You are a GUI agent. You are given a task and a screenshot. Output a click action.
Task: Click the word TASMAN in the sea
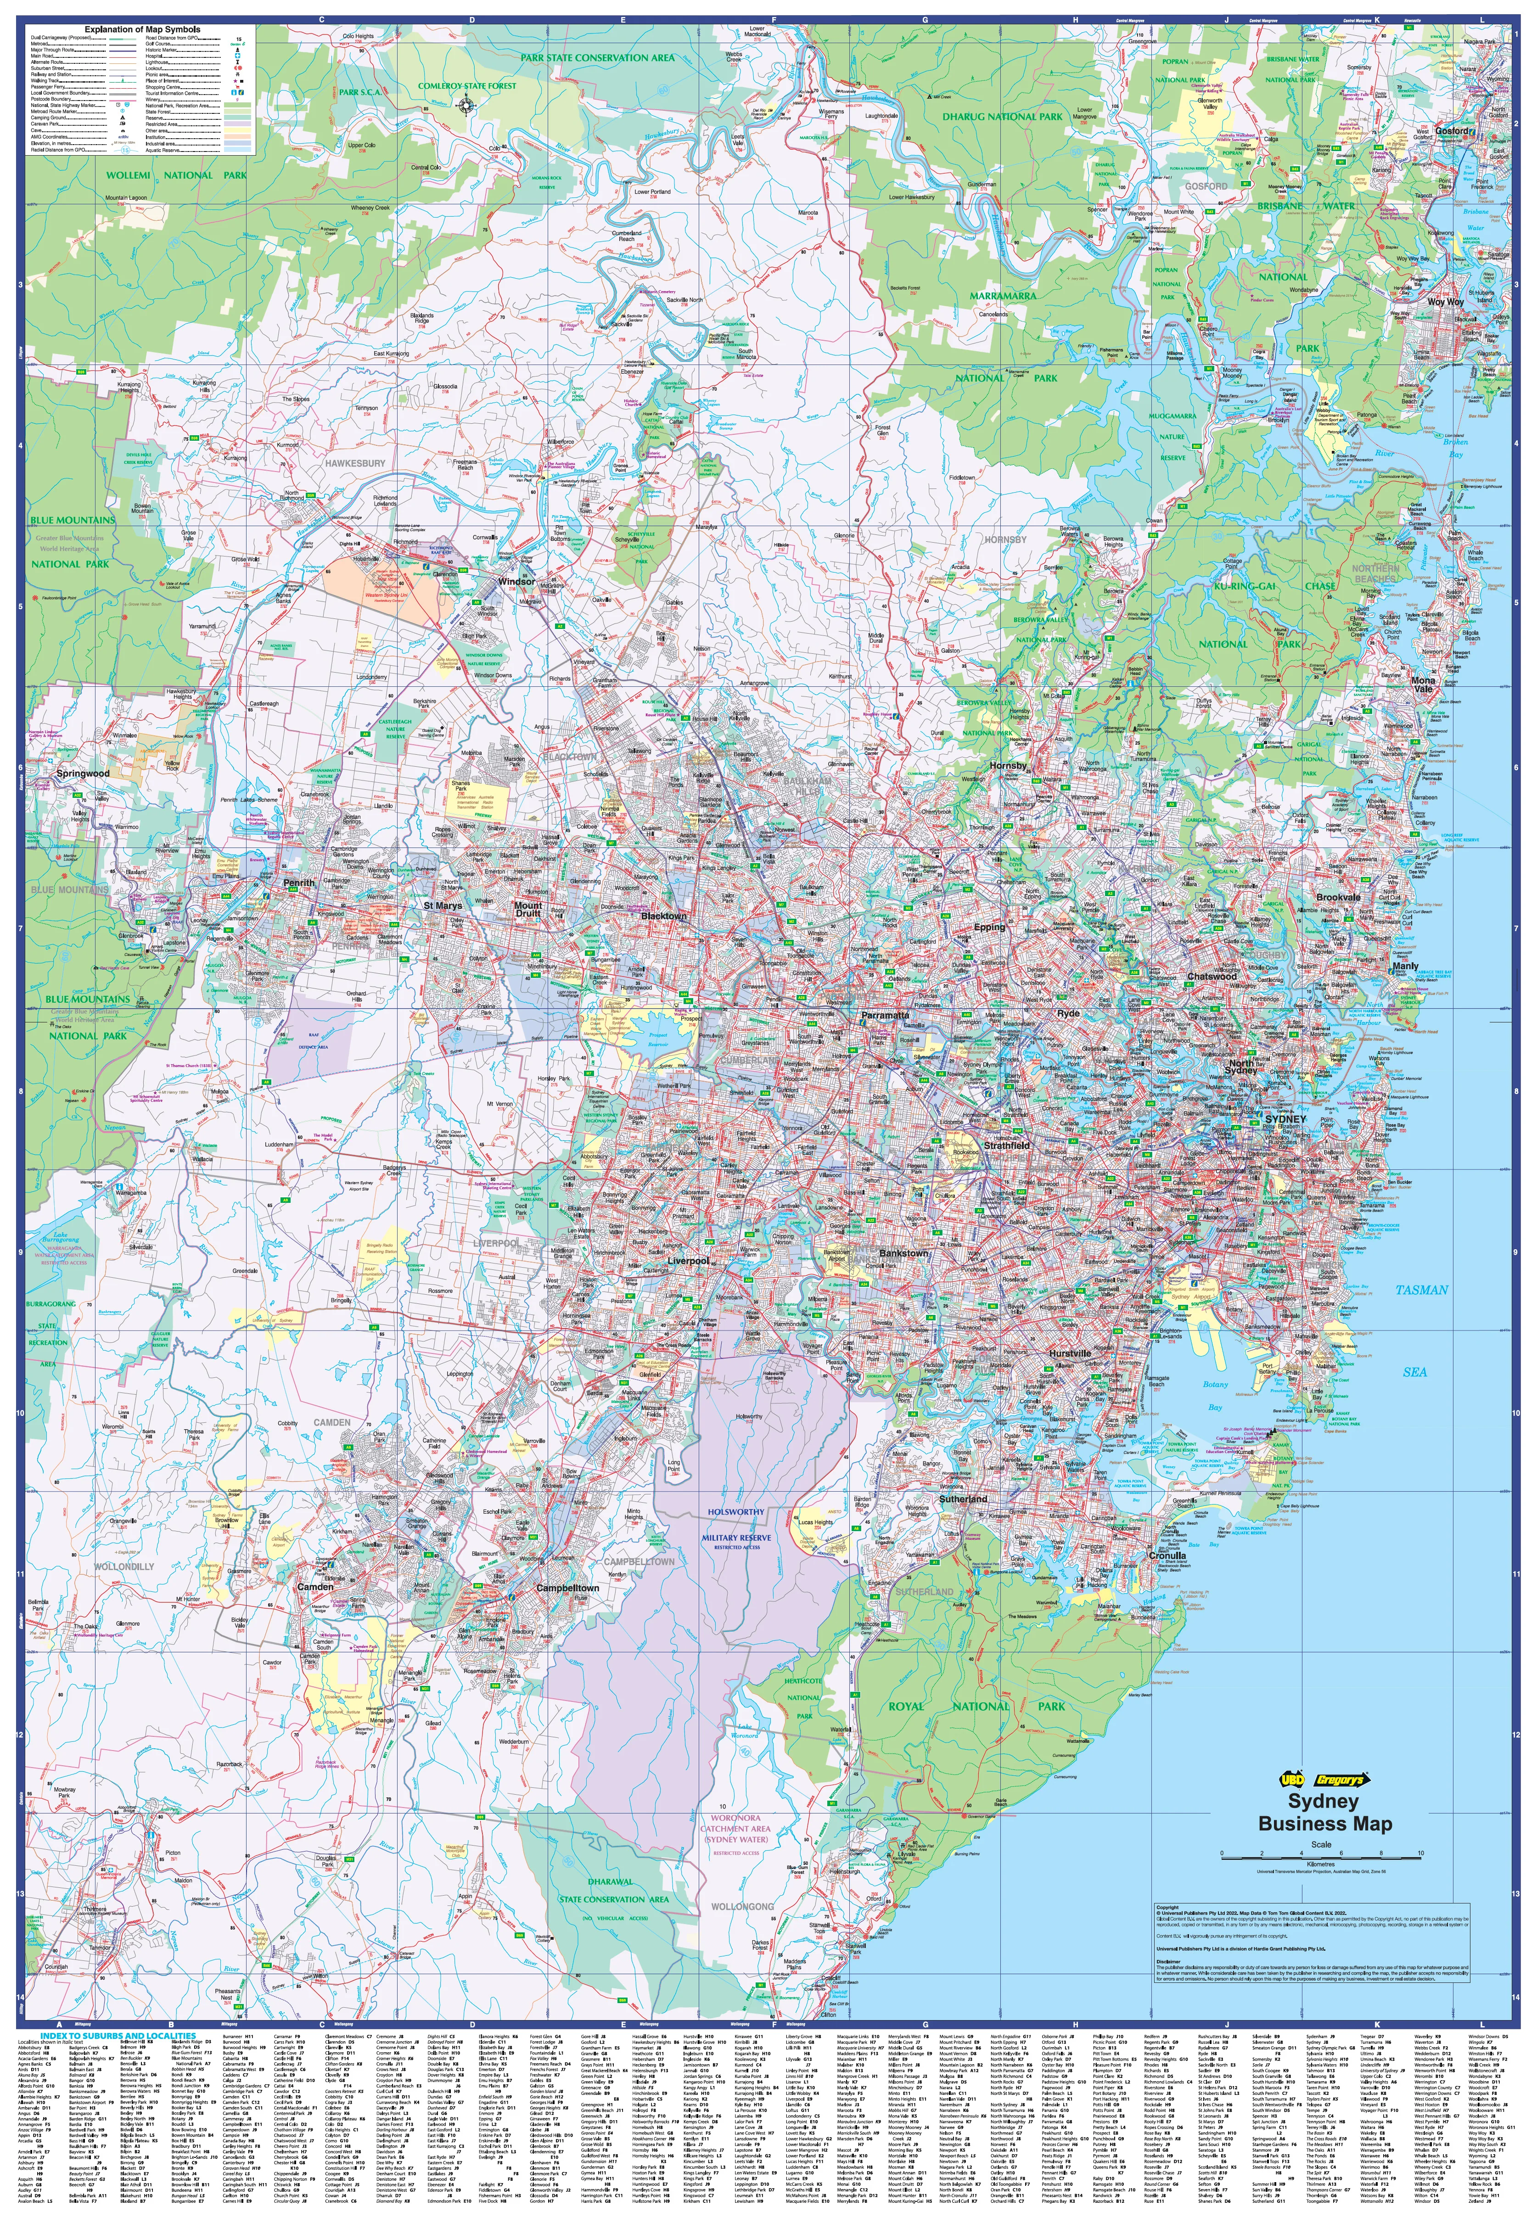pos(1421,1290)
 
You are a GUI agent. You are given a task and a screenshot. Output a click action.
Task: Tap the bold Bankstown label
pos(903,1253)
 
